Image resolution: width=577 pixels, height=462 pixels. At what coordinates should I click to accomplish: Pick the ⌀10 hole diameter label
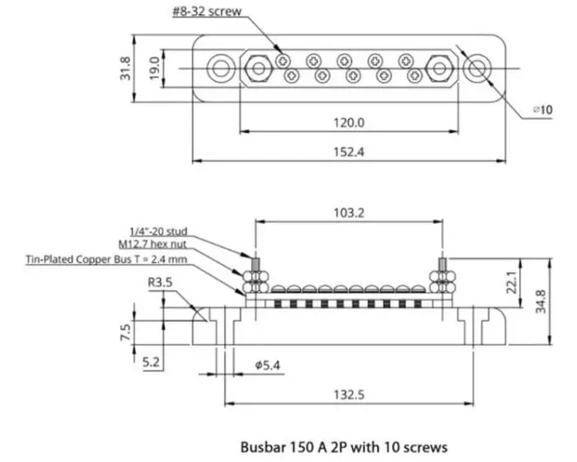(541, 109)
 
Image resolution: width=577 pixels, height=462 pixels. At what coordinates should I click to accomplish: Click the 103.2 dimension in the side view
(349, 212)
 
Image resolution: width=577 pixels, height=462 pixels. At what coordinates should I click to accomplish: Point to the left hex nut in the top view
(255, 67)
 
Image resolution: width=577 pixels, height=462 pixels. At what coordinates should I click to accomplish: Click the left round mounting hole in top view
(221, 67)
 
